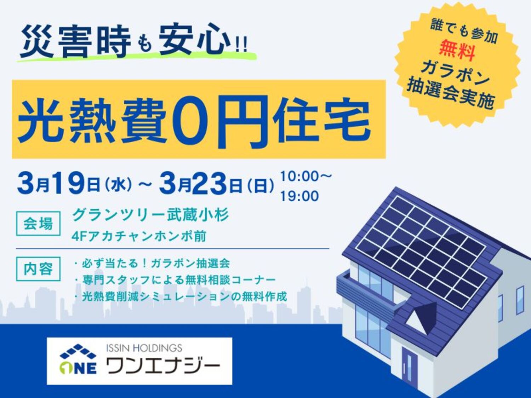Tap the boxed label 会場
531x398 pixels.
pos(38,224)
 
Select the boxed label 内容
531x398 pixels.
pos(38,269)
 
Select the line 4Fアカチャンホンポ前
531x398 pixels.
pos(139,236)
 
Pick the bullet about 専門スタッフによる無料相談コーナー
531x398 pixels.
pos(175,280)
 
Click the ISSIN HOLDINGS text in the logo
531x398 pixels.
pos(144,348)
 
